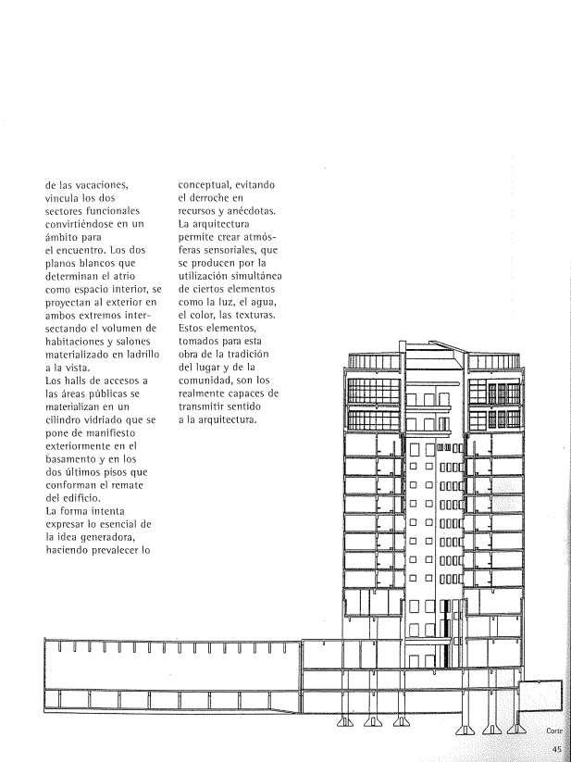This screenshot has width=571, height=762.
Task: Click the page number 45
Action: (556, 749)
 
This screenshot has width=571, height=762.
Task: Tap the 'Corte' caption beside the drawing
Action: (553, 731)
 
